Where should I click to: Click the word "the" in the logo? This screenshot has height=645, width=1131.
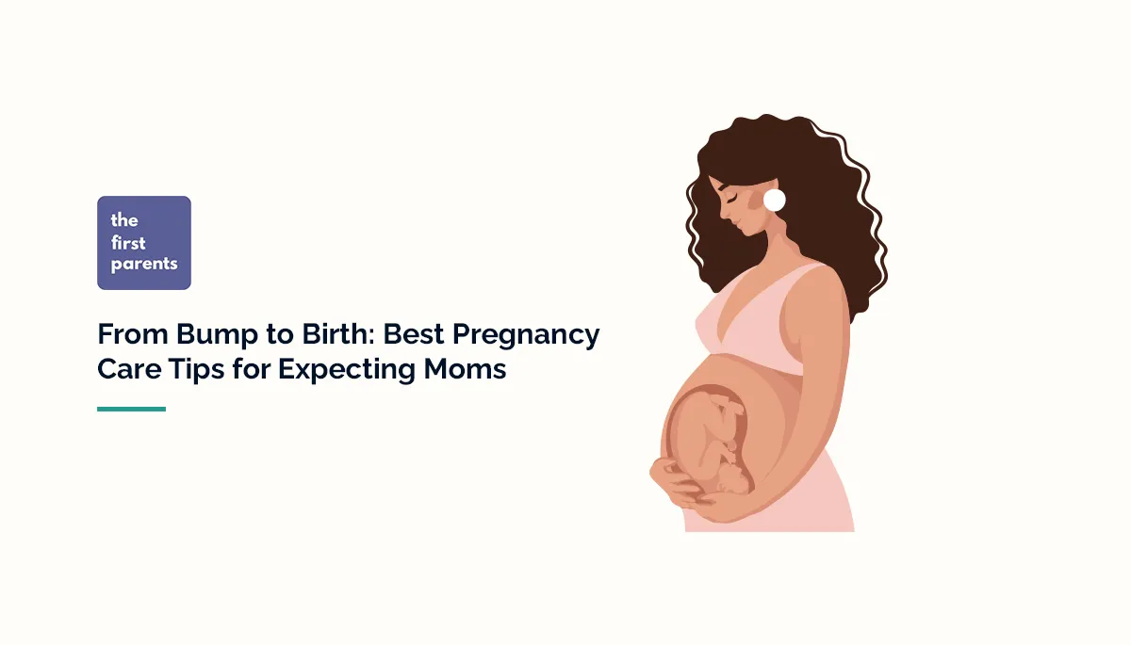pyautogui.click(x=124, y=220)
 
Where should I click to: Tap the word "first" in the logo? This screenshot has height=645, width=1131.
pyautogui.click(x=129, y=242)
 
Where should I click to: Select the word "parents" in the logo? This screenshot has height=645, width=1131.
pyautogui.click(x=144, y=265)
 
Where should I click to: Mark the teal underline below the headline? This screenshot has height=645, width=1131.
pyautogui.click(x=131, y=409)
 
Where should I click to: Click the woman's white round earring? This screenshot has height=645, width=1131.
pyautogui.click(x=774, y=200)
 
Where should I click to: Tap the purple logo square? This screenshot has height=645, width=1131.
pyautogui.click(x=144, y=242)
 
